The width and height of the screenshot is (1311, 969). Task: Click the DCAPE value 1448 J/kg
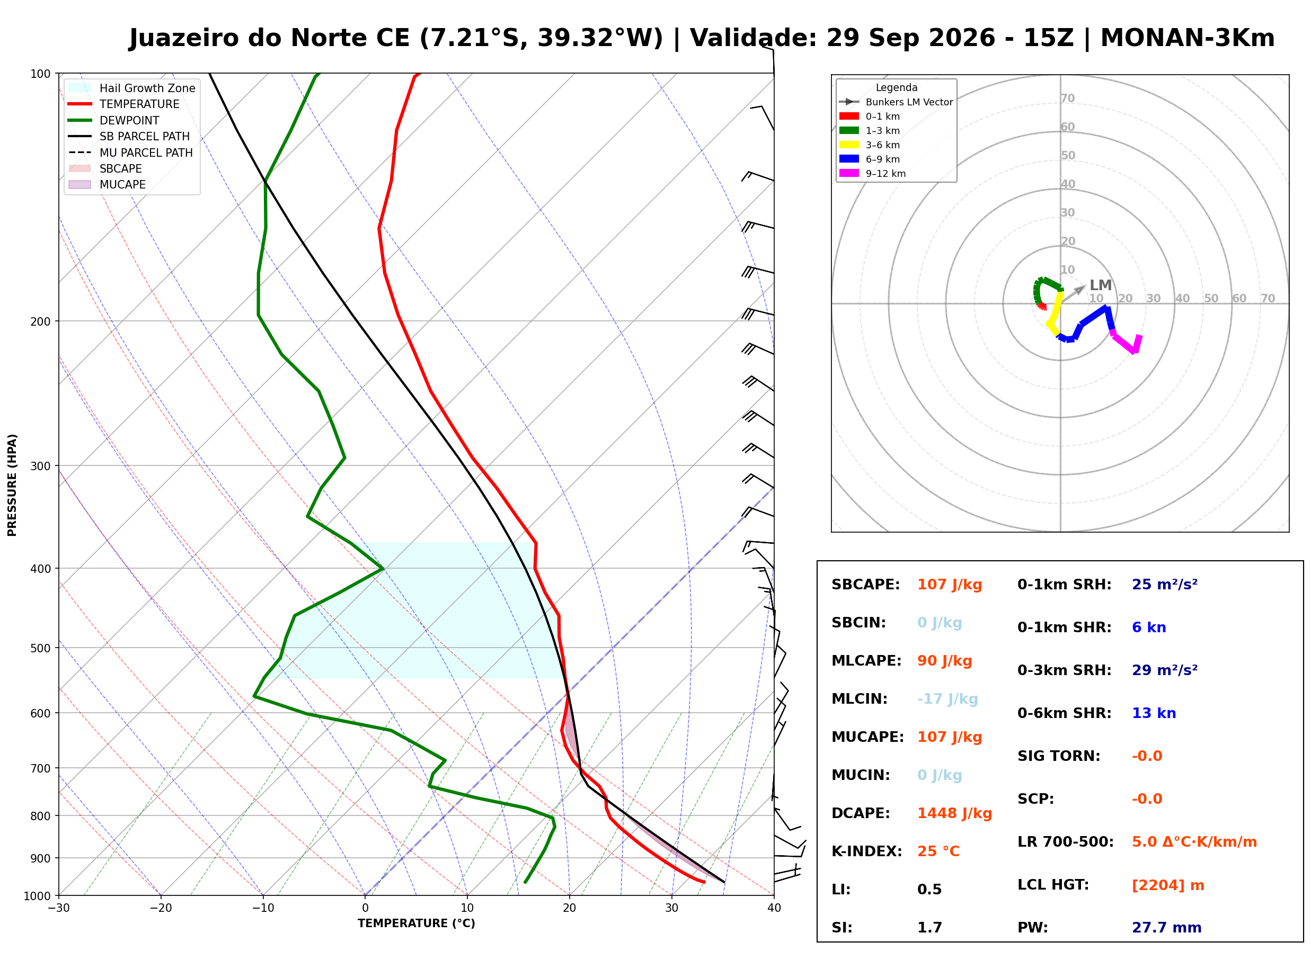(x=954, y=813)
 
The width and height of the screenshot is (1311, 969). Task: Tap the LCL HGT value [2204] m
(x=1168, y=885)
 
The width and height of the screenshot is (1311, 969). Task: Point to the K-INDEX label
(x=867, y=851)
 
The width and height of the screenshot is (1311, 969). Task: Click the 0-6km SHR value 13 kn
(x=1154, y=713)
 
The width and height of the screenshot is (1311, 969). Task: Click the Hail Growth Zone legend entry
(x=132, y=88)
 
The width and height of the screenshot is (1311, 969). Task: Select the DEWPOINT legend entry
(x=114, y=120)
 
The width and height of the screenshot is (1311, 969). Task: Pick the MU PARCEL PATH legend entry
(x=130, y=152)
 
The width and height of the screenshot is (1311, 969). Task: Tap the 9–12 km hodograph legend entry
(x=873, y=174)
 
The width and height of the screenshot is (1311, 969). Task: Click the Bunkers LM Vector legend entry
(x=896, y=102)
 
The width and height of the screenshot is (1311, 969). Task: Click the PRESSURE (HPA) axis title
(x=12, y=485)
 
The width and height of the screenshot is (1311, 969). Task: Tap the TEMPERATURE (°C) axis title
(x=417, y=923)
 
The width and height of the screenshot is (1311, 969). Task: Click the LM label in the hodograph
(x=1100, y=285)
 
